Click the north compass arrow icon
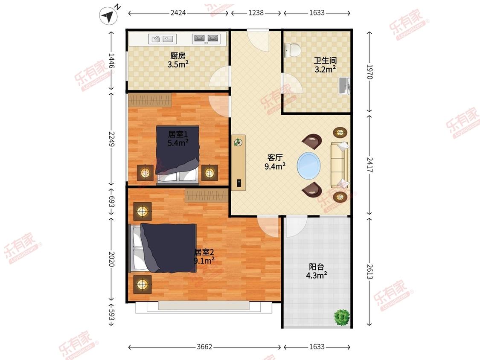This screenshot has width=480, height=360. (109, 16)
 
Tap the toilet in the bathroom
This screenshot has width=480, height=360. (293, 50)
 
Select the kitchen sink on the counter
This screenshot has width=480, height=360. (162, 39)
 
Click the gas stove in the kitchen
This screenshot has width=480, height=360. (206, 38)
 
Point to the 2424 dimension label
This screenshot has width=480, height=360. (178, 13)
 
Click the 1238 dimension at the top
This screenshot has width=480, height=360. (256, 13)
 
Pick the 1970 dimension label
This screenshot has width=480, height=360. (370, 72)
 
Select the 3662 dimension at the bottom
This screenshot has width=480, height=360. (204, 347)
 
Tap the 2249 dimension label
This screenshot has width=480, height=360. (111, 139)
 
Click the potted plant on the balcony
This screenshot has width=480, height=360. (342, 317)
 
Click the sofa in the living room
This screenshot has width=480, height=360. (340, 165)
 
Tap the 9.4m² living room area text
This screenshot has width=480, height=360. (275, 166)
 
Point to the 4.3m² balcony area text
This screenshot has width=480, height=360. (317, 275)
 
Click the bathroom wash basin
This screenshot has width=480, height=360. (344, 86)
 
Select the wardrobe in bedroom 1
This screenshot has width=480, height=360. (150, 100)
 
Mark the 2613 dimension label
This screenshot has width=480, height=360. (370, 272)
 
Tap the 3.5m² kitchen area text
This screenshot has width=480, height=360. (178, 64)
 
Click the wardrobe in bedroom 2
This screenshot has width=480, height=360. (207, 195)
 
